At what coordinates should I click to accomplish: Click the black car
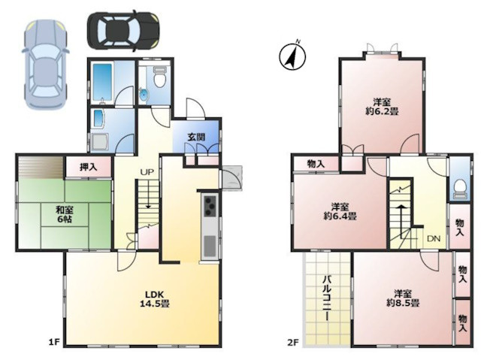click(x=123, y=31)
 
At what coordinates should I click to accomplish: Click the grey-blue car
click(x=45, y=65)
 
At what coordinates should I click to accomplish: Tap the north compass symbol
click(x=292, y=56)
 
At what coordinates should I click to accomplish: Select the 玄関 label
click(x=196, y=137)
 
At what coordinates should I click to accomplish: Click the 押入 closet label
click(x=89, y=167)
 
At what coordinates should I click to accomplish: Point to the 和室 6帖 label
click(x=65, y=215)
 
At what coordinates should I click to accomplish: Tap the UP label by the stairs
click(x=147, y=172)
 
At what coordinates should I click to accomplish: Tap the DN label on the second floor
click(x=434, y=238)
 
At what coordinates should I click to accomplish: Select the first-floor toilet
click(x=159, y=77)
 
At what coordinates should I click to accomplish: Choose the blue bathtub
click(x=102, y=82)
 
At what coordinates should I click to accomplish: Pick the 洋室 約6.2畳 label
click(x=382, y=107)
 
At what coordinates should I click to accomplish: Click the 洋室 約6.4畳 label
click(x=340, y=211)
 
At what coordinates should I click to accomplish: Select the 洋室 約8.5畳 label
click(x=403, y=298)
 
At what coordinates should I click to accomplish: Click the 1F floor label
click(x=53, y=342)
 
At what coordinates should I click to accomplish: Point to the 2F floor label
click(x=292, y=342)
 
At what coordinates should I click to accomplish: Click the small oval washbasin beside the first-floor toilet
click(x=144, y=95)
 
